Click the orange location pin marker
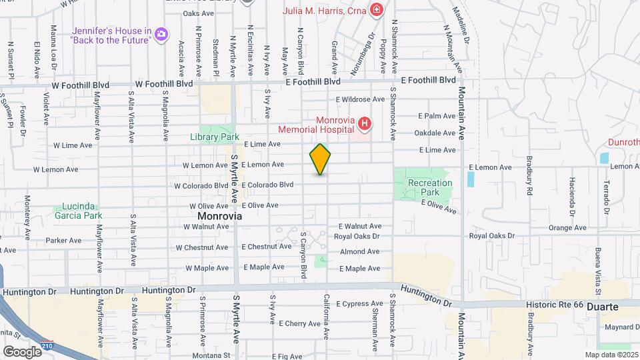click(x=320, y=159)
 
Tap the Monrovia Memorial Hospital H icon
click(x=364, y=123)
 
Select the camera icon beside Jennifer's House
click(x=161, y=33)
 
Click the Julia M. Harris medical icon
click(x=377, y=10)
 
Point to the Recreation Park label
click(x=430, y=187)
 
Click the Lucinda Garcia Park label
click(x=78, y=211)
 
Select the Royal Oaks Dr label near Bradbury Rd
click(x=492, y=236)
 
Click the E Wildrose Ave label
click(x=360, y=99)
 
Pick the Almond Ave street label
click(x=359, y=252)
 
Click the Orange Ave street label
click(x=567, y=228)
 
